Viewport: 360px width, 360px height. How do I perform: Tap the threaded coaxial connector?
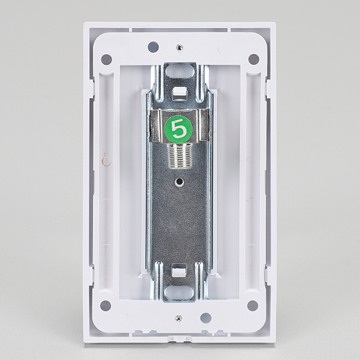pyautogui.click(x=180, y=156)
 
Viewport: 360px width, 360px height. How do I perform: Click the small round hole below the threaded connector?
pyautogui.click(x=179, y=182)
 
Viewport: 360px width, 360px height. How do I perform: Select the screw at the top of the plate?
pyautogui.click(x=179, y=47)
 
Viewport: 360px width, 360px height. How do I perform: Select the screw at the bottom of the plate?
pyautogui.click(x=179, y=318)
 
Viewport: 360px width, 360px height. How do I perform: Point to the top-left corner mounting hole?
pyautogui.click(x=107, y=59)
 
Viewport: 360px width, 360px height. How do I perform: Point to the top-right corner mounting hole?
pyautogui.click(x=254, y=59)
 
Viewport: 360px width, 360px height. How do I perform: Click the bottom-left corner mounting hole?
pyautogui.click(x=106, y=306)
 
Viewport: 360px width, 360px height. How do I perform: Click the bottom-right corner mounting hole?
pyautogui.click(x=253, y=306)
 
